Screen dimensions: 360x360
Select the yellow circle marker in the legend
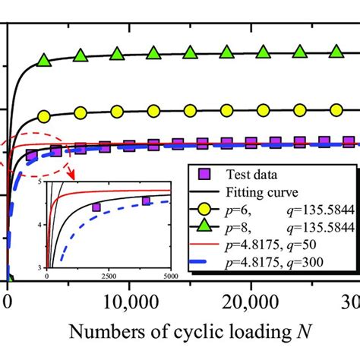coord(204,209)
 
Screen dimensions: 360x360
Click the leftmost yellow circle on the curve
coord(44,116)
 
